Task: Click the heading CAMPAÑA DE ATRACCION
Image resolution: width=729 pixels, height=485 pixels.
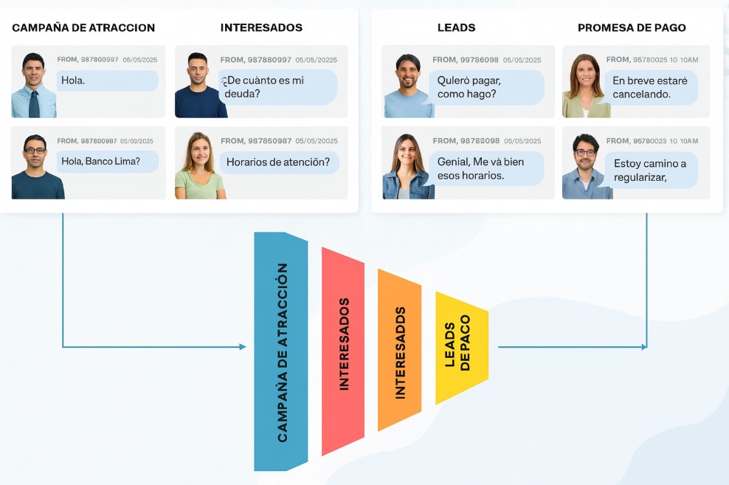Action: pyautogui.click(x=83, y=28)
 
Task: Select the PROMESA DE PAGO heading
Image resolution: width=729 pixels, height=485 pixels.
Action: pyautogui.click(x=632, y=28)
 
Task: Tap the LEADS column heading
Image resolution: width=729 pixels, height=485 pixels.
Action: pyautogui.click(x=456, y=28)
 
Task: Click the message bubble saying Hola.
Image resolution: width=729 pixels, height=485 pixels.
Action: pyautogui.click(x=107, y=80)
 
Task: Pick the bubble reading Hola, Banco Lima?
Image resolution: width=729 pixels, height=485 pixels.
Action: pyautogui.click(x=107, y=162)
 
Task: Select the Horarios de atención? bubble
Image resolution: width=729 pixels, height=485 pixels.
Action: pyautogui.click(x=279, y=162)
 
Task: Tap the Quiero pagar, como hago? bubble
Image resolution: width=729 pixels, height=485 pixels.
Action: pyautogui.click(x=486, y=87)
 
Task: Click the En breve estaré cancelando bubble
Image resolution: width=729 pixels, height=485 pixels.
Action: pyautogui.click(x=649, y=87)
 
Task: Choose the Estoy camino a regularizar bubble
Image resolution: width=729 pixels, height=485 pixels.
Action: pyautogui.click(x=649, y=170)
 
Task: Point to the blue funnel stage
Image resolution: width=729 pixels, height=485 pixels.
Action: pyautogui.click(x=280, y=352)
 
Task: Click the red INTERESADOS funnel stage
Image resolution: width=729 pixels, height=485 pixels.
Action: pyautogui.click(x=343, y=352)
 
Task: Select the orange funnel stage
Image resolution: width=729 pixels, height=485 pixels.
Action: pyautogui.click(x=399, y=351)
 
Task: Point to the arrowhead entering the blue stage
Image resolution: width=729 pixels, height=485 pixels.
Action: pyautogui.click(x=243, y=347)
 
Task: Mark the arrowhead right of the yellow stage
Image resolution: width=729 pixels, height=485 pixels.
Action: pyautogui.click(x=644, y=347)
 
